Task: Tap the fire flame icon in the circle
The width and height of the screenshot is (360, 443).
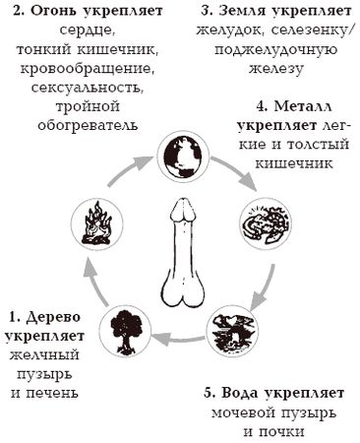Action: (x=99, y=223)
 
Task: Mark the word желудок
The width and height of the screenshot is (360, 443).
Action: (x=227, y=32)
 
